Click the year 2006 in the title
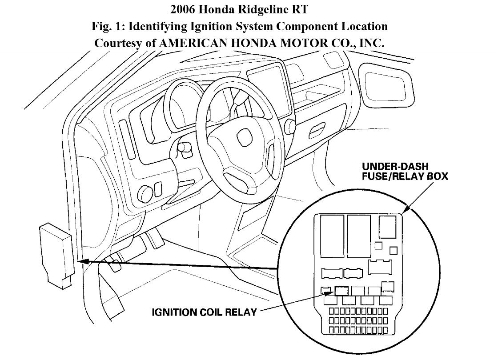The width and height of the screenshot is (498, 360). (183, 9)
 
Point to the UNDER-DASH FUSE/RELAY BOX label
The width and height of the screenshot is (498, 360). (405, 171)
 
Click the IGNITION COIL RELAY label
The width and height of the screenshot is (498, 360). (204, 312)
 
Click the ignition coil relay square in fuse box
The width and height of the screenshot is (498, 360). (341, 290)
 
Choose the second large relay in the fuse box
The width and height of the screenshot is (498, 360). (359, 236)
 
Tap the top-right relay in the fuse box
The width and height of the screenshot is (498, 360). (389, 227)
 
